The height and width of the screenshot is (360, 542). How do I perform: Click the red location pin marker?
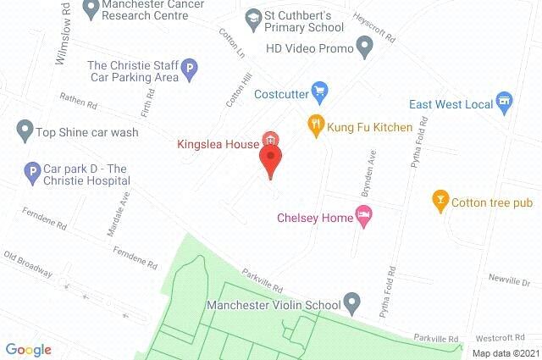pos(271,160)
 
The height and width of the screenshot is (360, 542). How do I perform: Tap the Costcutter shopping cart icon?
pos(319,90)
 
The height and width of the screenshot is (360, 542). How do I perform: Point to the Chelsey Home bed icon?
pos(364,218)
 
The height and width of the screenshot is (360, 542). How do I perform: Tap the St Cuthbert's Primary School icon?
pos(252,17)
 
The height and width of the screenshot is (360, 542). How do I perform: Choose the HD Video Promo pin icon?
pos(365,48)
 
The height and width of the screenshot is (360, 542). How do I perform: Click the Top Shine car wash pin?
pos(24,130)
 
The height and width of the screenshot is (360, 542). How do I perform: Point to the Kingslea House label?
pos(217,144)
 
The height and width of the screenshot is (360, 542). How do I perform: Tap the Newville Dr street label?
pos(510,280)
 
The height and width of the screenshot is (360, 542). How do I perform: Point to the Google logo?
pos(28,349)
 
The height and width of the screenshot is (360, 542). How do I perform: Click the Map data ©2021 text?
pos(505,353)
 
